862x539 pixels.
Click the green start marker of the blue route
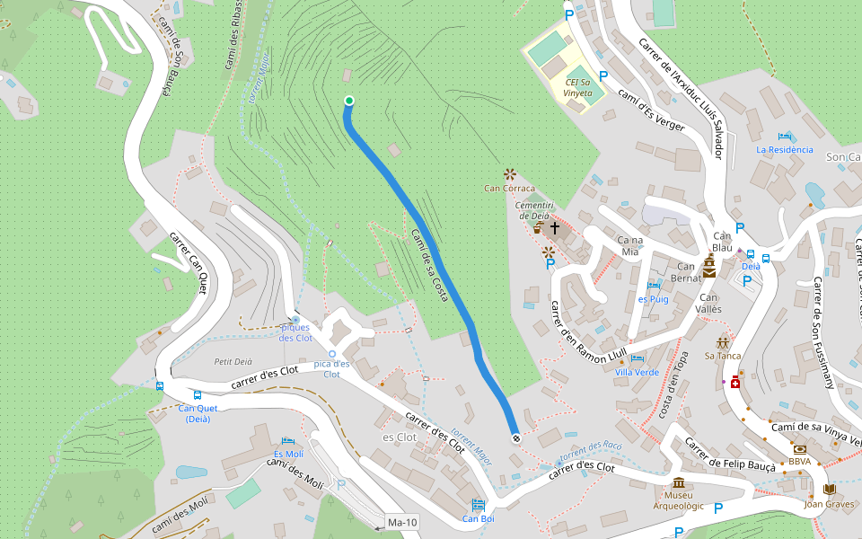point(348,101)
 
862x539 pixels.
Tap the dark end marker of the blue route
point(515,438)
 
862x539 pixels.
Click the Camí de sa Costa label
point(429,265)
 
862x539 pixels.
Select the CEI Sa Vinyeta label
point(578,88)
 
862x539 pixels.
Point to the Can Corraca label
point(509,189)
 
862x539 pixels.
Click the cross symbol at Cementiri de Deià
point(555,228)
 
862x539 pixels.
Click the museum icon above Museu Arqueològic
point(678,482)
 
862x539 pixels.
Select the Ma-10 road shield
point(401,522)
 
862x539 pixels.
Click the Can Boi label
point(478,518)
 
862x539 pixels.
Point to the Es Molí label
point(288,454)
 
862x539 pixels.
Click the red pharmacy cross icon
point(735,383)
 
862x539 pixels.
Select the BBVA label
point(799,462)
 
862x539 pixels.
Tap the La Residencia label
point(785,150)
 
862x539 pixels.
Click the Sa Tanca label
point(722,356)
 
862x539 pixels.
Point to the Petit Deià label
point(233,361)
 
